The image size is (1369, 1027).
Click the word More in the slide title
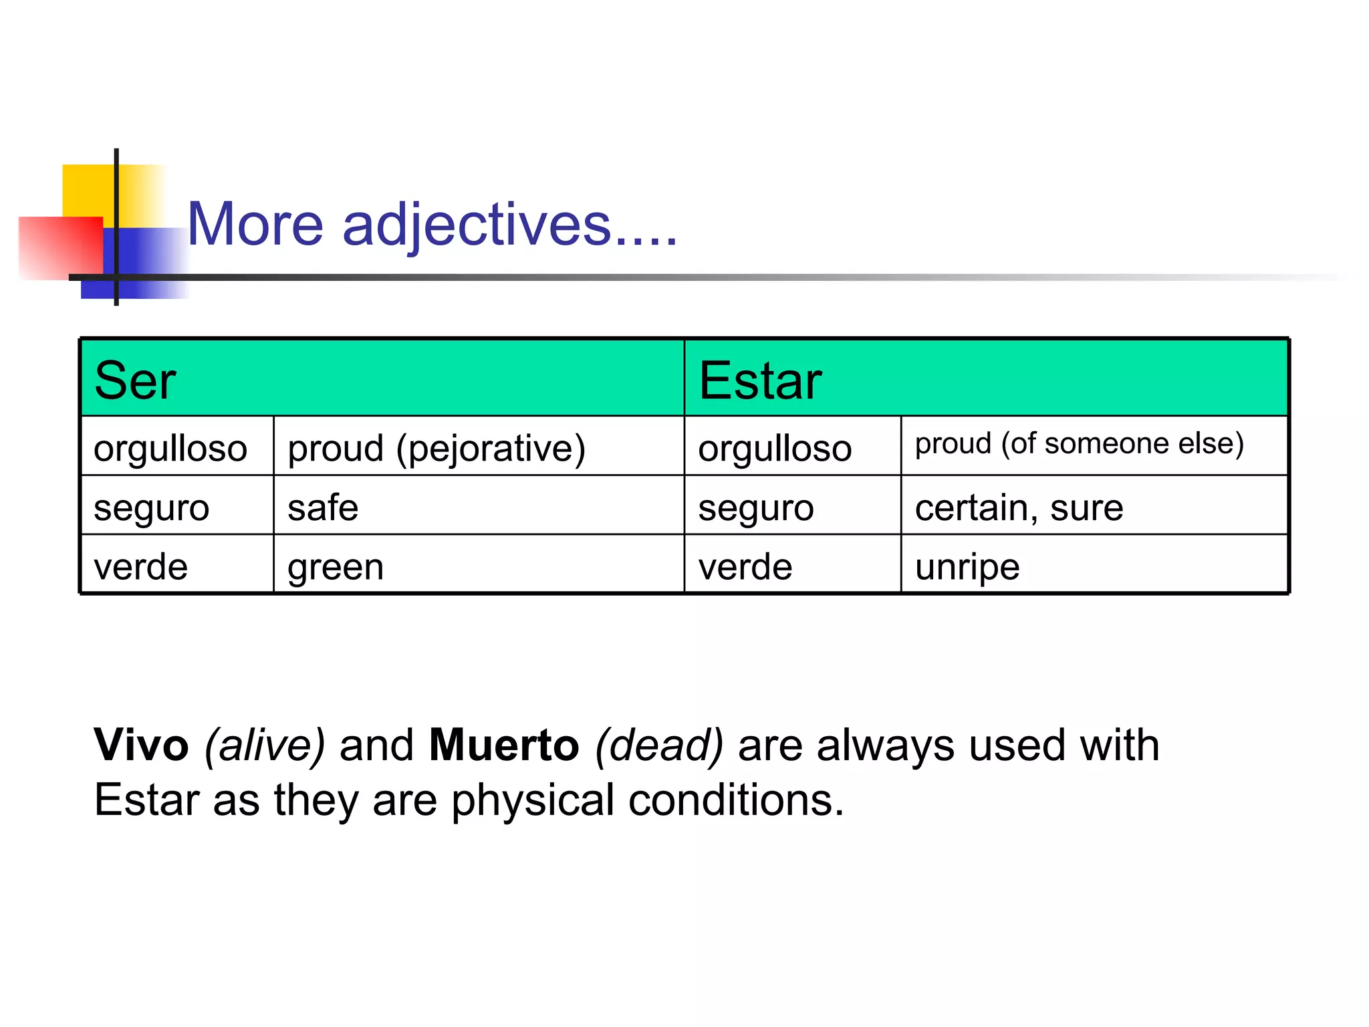pyautogui.click(x=255, y=225)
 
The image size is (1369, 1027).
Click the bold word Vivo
pyautogui.click(x=142, y=745)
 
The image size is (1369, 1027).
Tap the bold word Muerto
pyautogui.click(x=504, y=745)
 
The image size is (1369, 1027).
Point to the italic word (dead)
pyautogui.click(x=659, y=745)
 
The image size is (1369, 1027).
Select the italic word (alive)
pyautogui.click(x=265, y=745)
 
